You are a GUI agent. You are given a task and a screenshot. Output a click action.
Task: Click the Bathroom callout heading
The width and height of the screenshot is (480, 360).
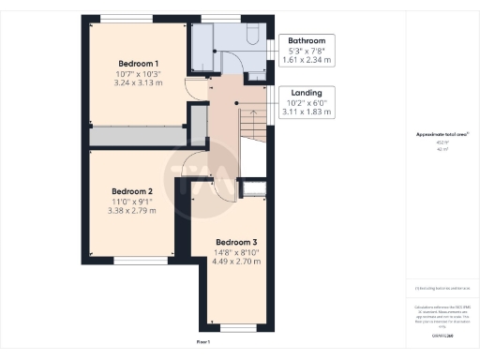point(307,41)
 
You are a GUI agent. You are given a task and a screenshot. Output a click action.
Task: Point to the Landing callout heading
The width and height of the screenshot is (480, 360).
point(307,93)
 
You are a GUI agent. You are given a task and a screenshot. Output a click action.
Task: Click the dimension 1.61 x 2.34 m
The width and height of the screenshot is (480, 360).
point(307,61)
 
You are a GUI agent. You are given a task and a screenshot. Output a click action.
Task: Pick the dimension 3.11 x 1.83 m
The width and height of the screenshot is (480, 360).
point(307,112)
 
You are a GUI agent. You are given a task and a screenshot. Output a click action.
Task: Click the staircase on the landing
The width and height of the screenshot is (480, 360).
point(251,124)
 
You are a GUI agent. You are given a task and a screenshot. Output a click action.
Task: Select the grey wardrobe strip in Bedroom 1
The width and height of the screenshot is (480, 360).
point(136,137)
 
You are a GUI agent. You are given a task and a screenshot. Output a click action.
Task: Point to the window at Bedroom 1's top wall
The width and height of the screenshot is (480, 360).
point(127,19)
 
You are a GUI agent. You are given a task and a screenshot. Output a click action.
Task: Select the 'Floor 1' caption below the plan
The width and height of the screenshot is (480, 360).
point(203,343)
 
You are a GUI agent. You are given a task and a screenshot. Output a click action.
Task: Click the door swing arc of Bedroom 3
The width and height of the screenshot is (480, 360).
point(208,185)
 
